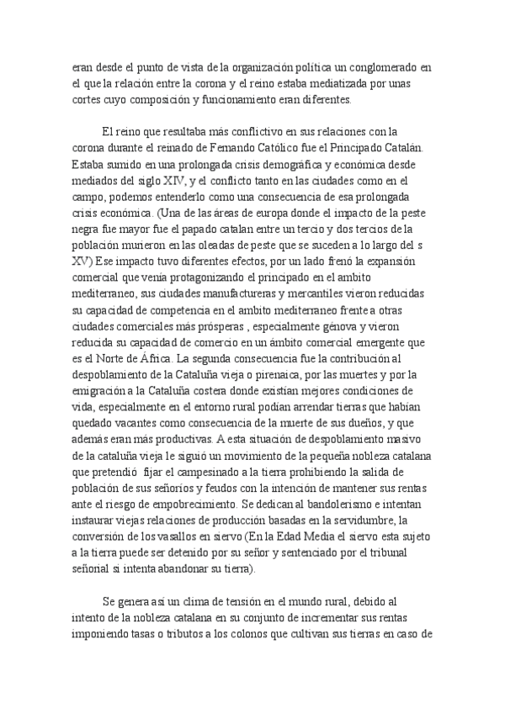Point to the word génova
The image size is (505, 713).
328,327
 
